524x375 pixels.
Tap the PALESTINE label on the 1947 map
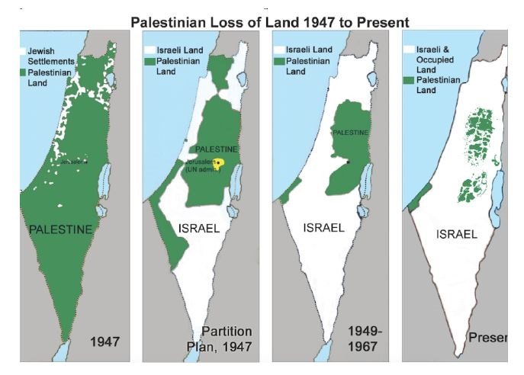(x=60, y=229)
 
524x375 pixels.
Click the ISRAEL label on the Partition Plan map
(x=201, y=228)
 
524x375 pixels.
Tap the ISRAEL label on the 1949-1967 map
(x=327, y=227)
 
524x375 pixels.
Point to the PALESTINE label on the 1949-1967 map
(x=352, y=133)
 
